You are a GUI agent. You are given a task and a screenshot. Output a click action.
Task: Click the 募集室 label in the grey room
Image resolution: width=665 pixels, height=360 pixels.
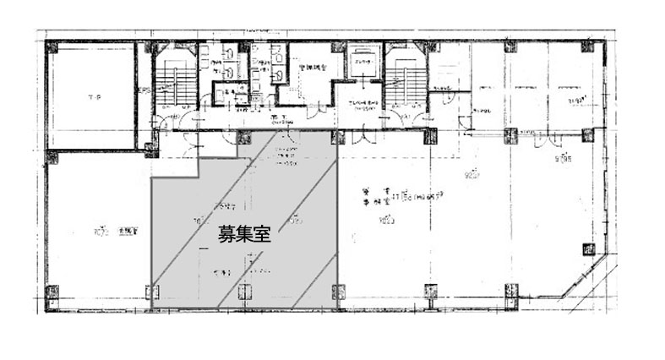pyautogui.click(x=243, y=235)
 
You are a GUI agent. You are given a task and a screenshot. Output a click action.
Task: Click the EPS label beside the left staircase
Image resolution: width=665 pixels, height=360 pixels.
pyautogui.click(x=144, y=86)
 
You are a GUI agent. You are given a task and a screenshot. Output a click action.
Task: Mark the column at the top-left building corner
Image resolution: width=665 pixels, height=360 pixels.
pyautogui.click(x=52, y=48)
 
